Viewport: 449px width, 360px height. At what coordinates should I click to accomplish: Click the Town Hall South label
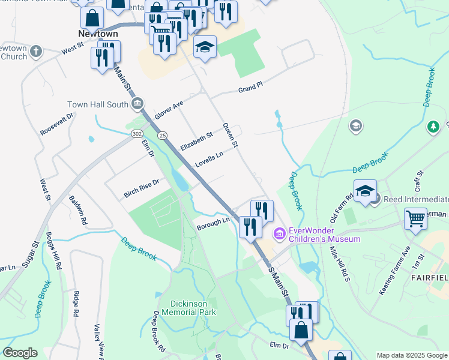pyautogui.click(x=97, y=104)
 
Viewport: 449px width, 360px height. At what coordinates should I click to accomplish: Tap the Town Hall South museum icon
pyautogui.click(x=138, y=104)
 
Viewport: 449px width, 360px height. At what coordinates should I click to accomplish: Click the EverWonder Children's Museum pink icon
pyautogui.click(x=279, y=233)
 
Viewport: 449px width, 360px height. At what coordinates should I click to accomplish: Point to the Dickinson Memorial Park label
pyautogui.click(x=184, y=308)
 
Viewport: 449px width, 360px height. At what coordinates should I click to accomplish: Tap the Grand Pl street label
pyautogui.click(x=250, y=88)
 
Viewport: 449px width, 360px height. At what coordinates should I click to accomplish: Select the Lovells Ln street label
pyautogui.click(x=208, y=160)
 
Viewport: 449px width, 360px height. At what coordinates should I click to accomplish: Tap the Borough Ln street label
pyautogui.click(x=213, y=223)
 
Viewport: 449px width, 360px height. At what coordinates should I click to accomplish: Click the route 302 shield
pyautogui.click(x=137, y=134)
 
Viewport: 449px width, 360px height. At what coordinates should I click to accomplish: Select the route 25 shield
pyautogui.click(x=163, y=136)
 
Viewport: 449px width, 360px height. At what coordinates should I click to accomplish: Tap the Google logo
pyautogui.click(x=20, y=353)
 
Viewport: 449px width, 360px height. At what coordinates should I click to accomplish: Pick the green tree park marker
pyautogui.click(x=433, y=127)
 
